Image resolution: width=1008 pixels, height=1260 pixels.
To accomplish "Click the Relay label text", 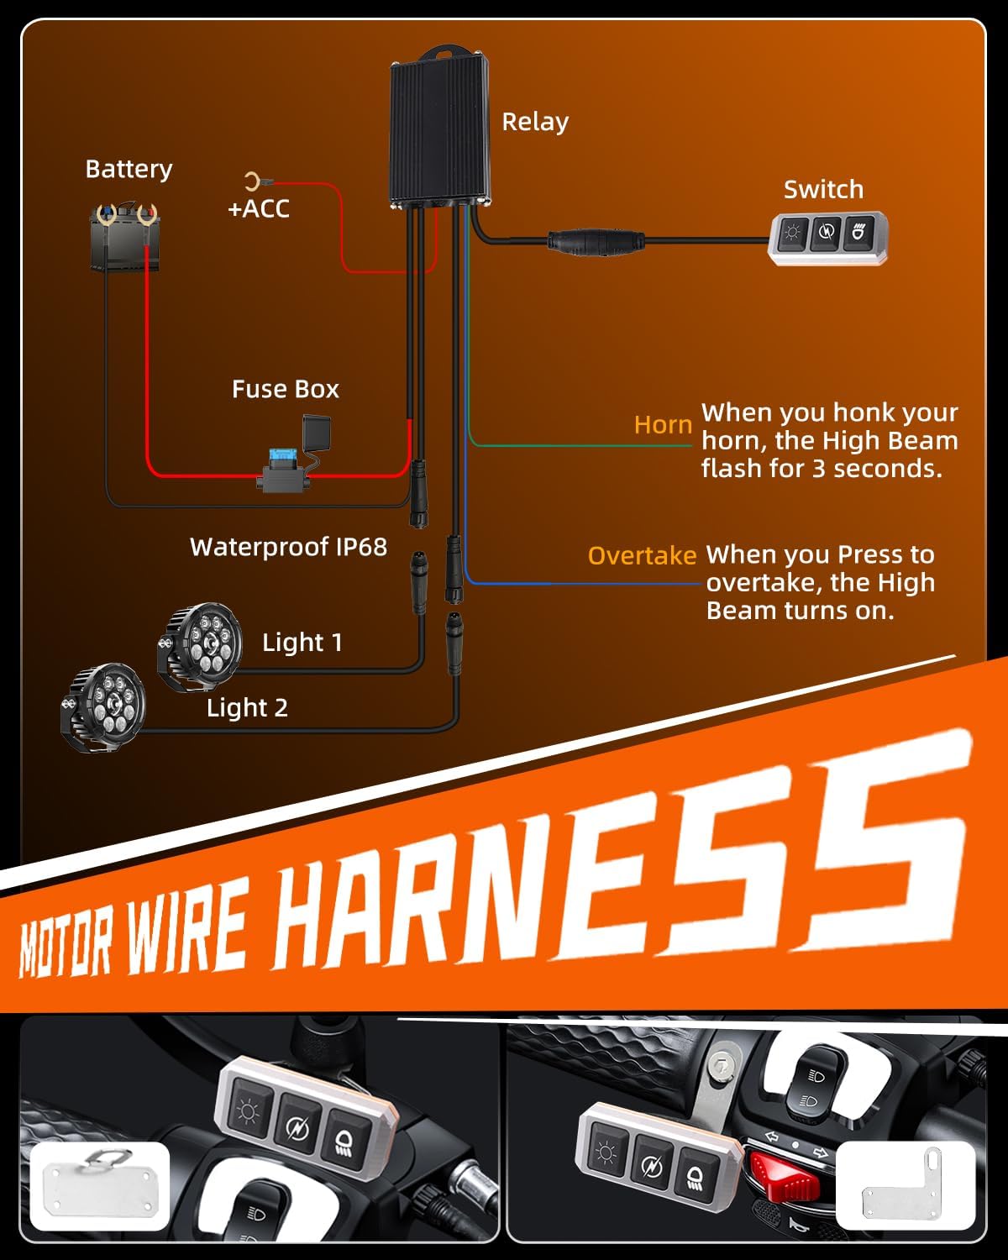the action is click(x=535, y=123).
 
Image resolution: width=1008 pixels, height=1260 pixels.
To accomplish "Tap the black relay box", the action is click(x=440, y=129).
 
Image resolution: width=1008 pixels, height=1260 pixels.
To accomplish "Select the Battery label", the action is click(x=129, y=169).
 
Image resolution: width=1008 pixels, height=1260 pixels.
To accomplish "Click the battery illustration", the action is click(x=124, y=237).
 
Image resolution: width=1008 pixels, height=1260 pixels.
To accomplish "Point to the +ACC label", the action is click(x=259, y=209).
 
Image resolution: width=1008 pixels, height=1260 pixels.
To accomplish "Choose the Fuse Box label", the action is click(x=286, y=390).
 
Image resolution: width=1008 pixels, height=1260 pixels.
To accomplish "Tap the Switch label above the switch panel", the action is click(x=823, y=190).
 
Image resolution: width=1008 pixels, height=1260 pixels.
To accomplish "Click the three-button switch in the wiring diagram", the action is click(x=827, y=238).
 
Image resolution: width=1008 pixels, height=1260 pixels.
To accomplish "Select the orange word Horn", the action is click(x=663, y=425).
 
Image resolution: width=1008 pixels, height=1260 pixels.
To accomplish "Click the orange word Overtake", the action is click(x=642, y=555).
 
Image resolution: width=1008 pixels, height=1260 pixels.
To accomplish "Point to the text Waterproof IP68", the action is click(x=288, y=548).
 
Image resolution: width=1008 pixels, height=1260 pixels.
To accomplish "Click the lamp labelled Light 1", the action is click(x=200, y=647).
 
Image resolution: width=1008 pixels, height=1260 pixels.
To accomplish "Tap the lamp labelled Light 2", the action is click(x=104, y=707).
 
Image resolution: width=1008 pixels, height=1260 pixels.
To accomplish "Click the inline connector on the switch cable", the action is click(x=596, y=241).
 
